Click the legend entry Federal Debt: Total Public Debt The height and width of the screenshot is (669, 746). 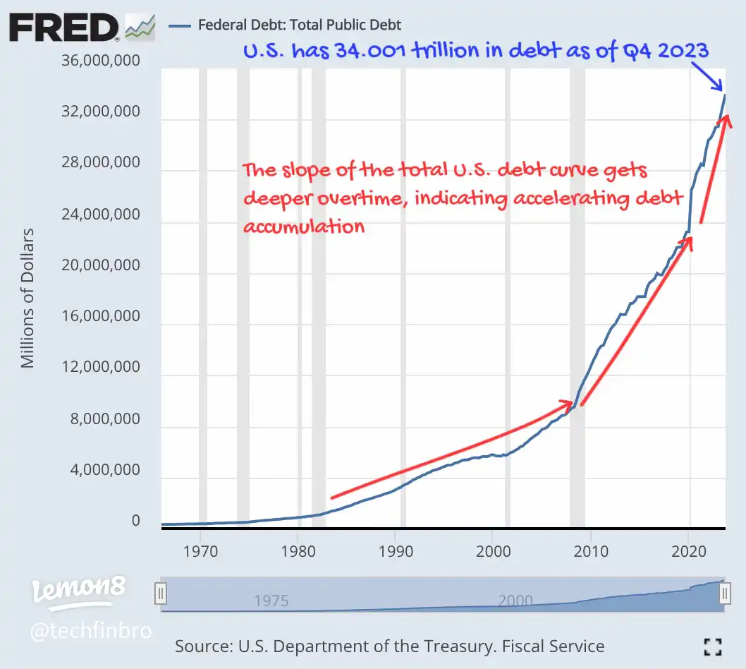300,25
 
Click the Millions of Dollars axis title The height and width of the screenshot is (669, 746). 27,298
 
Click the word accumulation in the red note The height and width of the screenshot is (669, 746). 304,226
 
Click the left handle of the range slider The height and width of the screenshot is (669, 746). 161,594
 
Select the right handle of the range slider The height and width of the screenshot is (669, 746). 724,594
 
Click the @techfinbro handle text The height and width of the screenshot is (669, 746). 90,629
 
